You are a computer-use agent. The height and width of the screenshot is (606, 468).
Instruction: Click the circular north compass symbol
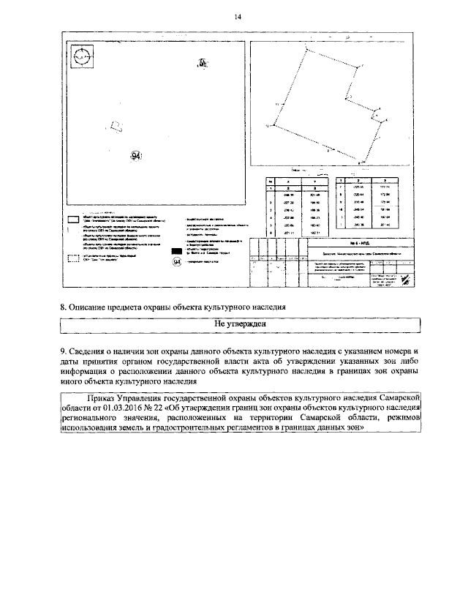(x=83, y=56)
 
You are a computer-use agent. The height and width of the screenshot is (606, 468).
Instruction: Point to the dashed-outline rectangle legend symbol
(x=74, y=258)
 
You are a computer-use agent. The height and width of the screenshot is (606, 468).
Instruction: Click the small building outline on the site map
(x=115, y=126)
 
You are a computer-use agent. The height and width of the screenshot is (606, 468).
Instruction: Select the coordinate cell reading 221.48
(x=316, y=194)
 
